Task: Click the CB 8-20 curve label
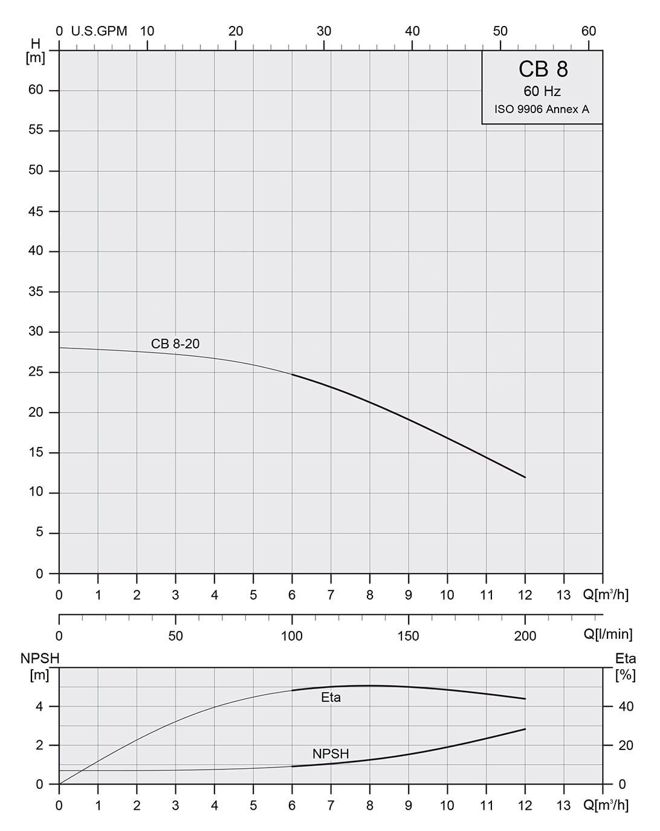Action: tap(175, 344)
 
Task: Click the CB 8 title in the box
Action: tap(543, 69)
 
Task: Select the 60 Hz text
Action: tap(542, 92)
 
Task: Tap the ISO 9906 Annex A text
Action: tap(542, 109)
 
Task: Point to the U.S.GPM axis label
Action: tap(99, 31)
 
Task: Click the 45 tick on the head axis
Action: tap(36, 211)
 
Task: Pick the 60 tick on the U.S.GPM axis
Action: tap(589, 31)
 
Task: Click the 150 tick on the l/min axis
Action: tap(409, 635)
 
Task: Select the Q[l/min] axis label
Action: tap(608, 634)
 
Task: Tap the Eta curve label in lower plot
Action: tap(331, 698)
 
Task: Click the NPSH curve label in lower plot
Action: tap(331, 754)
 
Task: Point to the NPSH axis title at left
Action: tap(40, 658)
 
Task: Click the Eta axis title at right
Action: tap(626, 658)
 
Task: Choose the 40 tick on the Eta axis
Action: tap(626, 707)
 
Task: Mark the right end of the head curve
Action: tap(525, 477)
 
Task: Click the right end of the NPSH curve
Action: tap(525, 729)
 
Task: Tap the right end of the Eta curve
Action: tap(525, 699)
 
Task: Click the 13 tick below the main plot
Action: tap(563, 595)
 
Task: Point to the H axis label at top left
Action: tap(36, 43)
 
